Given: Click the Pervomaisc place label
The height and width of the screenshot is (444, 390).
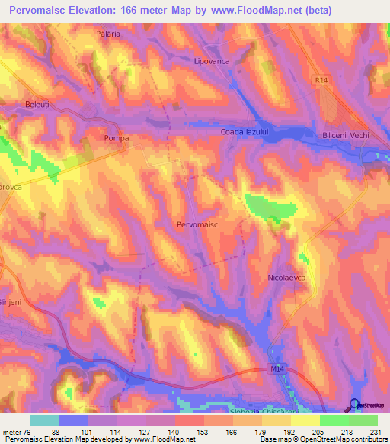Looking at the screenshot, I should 197,226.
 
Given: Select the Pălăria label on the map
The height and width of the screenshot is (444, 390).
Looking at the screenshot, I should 109,34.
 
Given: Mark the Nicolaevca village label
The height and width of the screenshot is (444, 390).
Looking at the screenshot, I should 287,278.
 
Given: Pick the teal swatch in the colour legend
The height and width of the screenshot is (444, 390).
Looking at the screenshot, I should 45,420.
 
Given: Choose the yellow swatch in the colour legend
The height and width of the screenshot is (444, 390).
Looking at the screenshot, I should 305,420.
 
